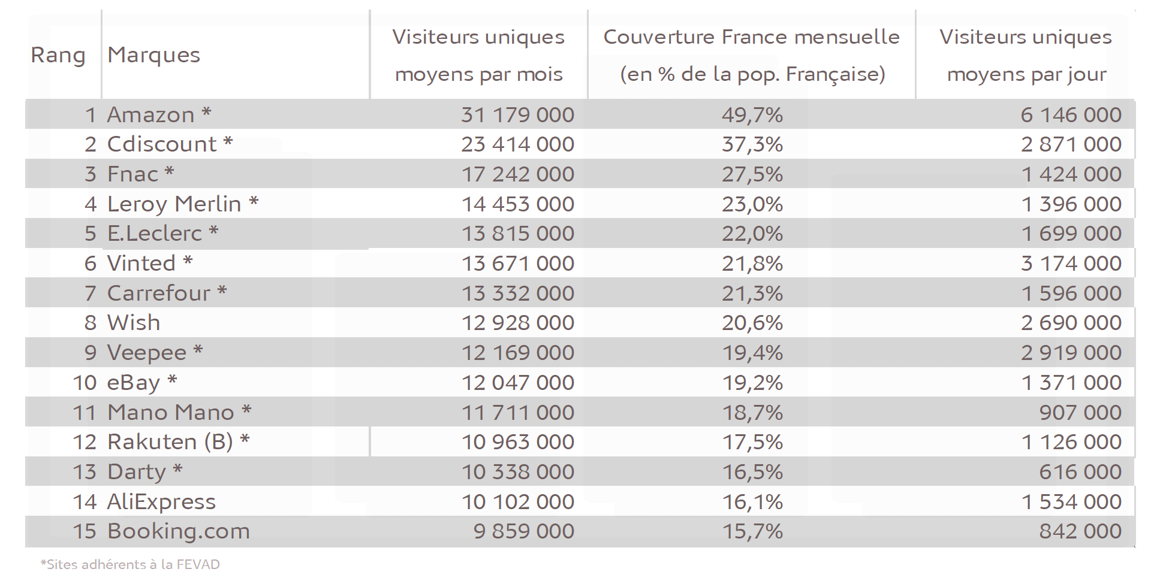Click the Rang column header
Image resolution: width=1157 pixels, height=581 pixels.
click(58, 55)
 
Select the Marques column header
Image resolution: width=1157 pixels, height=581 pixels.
click(153, 55)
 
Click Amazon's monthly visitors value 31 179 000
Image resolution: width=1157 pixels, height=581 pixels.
click(517, 114)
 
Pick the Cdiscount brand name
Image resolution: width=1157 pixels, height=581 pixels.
click(162, 144)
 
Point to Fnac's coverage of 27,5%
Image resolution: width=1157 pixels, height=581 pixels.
click(752, 174)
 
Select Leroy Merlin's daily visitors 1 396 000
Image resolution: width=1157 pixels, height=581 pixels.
click(1071, 204)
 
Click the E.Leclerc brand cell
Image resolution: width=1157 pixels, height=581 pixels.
click(155, 234)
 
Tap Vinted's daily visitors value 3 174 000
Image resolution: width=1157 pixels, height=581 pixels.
click(1071, 264)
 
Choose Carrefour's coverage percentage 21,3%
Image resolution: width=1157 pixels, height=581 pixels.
click(752, 293)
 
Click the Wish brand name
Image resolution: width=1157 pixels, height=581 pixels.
click(134, 323)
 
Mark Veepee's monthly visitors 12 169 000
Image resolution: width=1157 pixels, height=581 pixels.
click(517, 353)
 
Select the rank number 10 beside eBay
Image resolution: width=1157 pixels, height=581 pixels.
click(85, 383)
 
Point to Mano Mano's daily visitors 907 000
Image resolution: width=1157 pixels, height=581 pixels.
click(1080, 413)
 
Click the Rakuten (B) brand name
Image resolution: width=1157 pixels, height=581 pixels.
click(170, 442)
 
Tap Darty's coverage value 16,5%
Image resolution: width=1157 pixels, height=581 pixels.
click(752, 472)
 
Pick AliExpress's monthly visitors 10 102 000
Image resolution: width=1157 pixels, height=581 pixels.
click(517, 502)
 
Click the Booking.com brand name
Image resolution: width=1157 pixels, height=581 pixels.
click(178, 531)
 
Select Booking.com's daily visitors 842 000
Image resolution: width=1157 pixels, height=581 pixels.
click(1080, 531)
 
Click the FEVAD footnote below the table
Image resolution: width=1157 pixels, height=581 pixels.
click(130, 564)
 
